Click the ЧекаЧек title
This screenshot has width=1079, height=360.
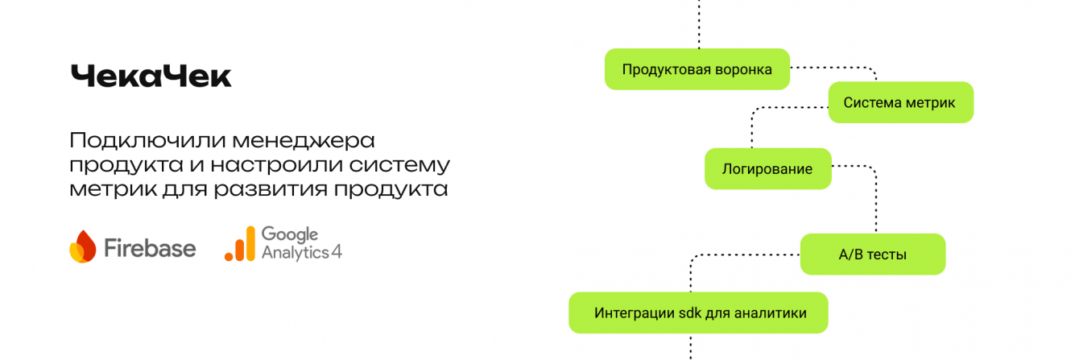click(x=151, y=77)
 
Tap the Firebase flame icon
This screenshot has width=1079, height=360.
click(x=83, y=246)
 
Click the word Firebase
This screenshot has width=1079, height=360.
click(x=150, y=248)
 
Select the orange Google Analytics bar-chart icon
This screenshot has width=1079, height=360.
click(x=240, y=244)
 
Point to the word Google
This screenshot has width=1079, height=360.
click(x=290, y=234)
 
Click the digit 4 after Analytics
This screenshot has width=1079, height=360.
click(x=337, y=251)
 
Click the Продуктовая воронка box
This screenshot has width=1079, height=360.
click(x=697, y=69)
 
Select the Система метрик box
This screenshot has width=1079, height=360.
click(x=901, y=102)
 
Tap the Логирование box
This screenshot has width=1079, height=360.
click(x=768, y=168)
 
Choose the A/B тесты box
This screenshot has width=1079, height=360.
click(x=873, y=254)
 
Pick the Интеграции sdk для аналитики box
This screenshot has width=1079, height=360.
click(x=698, y=312)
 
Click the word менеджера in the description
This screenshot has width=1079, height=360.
click(x=304, y=141)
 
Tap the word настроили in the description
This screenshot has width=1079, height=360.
click(x=276, y=165)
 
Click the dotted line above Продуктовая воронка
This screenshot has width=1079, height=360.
click(x=699, y=24)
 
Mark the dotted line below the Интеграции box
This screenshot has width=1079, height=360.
click(x=690, y=347)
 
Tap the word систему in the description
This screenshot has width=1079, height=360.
click(x=400, y=165)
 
